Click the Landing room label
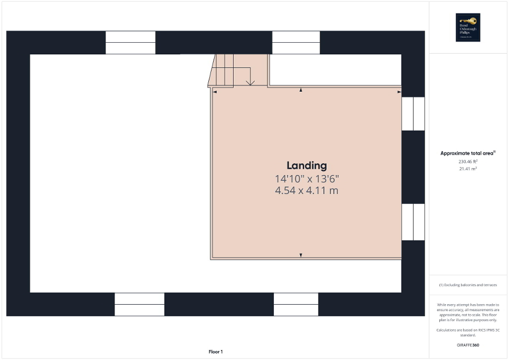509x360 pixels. tap(306, 166)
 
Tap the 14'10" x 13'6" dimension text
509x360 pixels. tap(306, 178)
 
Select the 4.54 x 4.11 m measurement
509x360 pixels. tap(306, 190)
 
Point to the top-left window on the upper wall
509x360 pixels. tap(130, 43)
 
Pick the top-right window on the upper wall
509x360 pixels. tap(296, 43)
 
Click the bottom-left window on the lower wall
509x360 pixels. tap(140, 304)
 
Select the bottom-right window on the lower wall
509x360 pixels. tap(296, 304)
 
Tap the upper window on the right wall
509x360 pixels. tap(413, 113)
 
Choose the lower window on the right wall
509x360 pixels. tap(413, 222)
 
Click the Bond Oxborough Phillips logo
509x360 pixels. tap(468, 27)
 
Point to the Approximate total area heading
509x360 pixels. tap(468, 153)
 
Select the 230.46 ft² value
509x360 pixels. tap(468, 161)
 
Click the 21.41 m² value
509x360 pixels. tap(468, 169)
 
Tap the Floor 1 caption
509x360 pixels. tap(216, 352)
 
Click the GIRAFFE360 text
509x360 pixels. tap(468, 345)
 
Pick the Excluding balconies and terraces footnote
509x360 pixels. tap(468, 285)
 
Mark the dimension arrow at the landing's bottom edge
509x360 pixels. tap(301, 256)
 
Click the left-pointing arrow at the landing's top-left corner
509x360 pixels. tap(215, 92)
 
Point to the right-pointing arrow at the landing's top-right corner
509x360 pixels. tap(399, 92)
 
